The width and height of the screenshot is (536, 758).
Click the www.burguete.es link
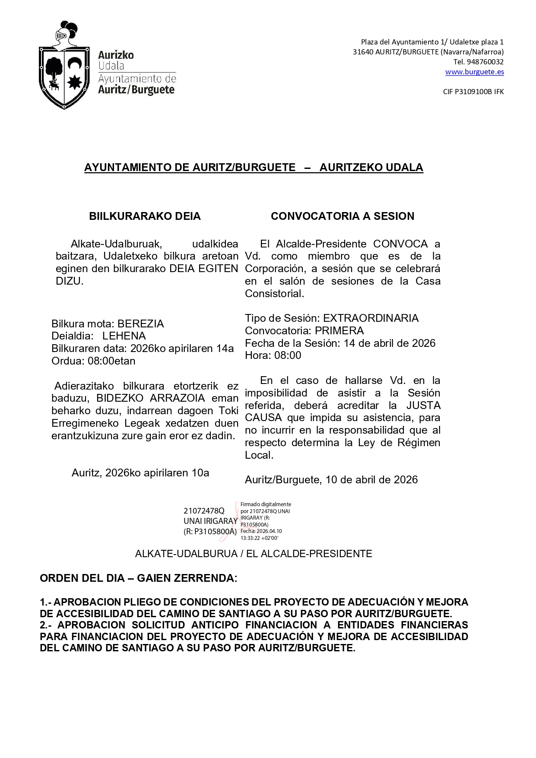click(474, 72)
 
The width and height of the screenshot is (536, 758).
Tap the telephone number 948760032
click(485, 62)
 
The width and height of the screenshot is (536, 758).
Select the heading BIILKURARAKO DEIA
click(145, 216)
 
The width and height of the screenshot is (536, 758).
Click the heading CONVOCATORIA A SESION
click(343, 216)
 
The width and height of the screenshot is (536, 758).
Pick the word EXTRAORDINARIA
click(371, 318)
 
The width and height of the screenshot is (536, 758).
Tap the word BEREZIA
click(141, 324)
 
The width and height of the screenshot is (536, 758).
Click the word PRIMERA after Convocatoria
click(339, 331)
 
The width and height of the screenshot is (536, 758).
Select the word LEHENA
click(124, 336)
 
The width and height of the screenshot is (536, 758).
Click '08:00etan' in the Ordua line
click(111, 361)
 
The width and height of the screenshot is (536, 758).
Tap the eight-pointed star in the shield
click(75, 81)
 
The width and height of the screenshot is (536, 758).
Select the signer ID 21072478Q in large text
click(204, 511)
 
